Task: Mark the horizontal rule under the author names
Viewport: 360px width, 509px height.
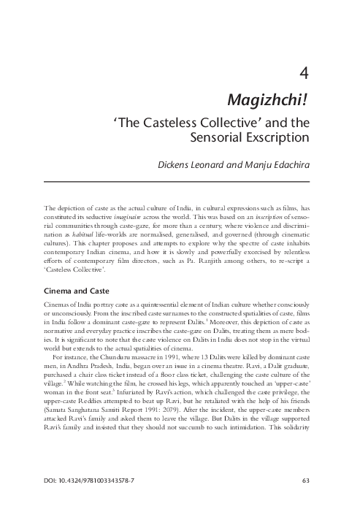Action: (179, 181)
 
